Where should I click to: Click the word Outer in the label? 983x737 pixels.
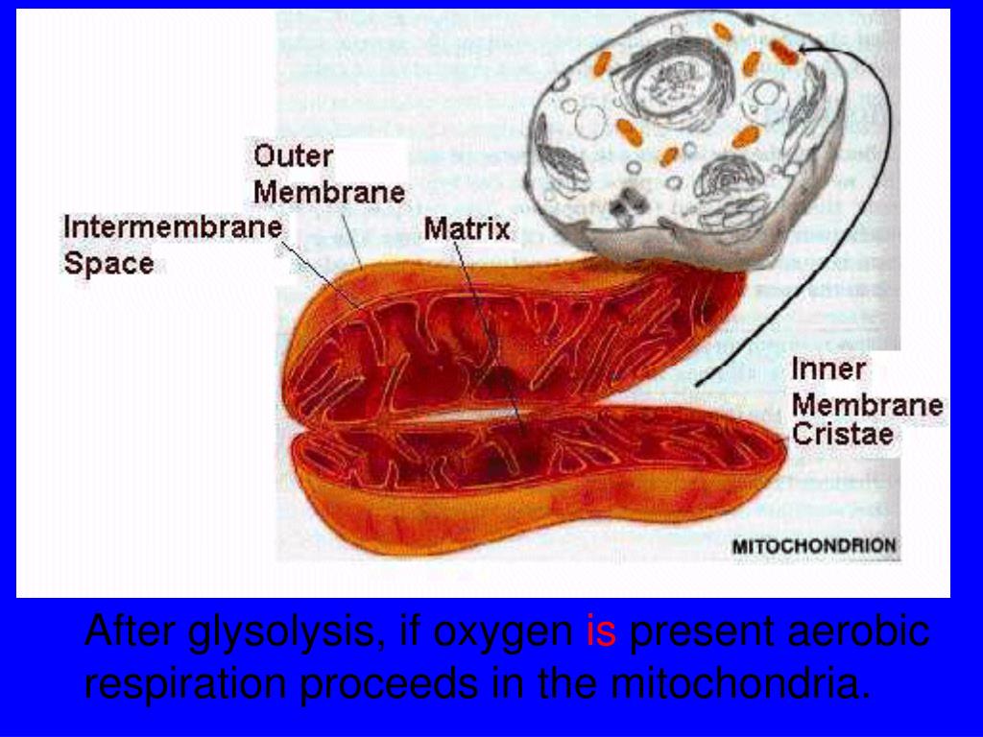point(293,157)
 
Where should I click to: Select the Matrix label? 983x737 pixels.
point(468,230)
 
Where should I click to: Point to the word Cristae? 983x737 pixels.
point(843,435)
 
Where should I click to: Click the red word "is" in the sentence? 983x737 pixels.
point(600,633)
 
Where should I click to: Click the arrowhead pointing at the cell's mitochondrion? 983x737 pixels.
point(804,48)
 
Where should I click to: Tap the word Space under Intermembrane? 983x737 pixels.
point(108,263)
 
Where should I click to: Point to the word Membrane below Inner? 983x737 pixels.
point(867,404)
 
